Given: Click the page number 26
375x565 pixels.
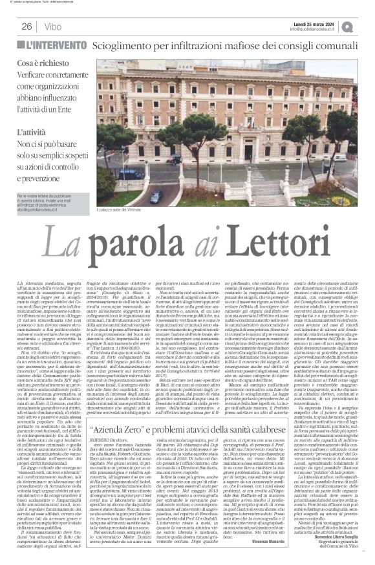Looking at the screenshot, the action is [x=27, y=27].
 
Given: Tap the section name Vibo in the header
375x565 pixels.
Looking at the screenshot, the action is [x=54, y=27].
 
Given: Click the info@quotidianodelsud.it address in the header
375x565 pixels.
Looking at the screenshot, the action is [x=319, y=29].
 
